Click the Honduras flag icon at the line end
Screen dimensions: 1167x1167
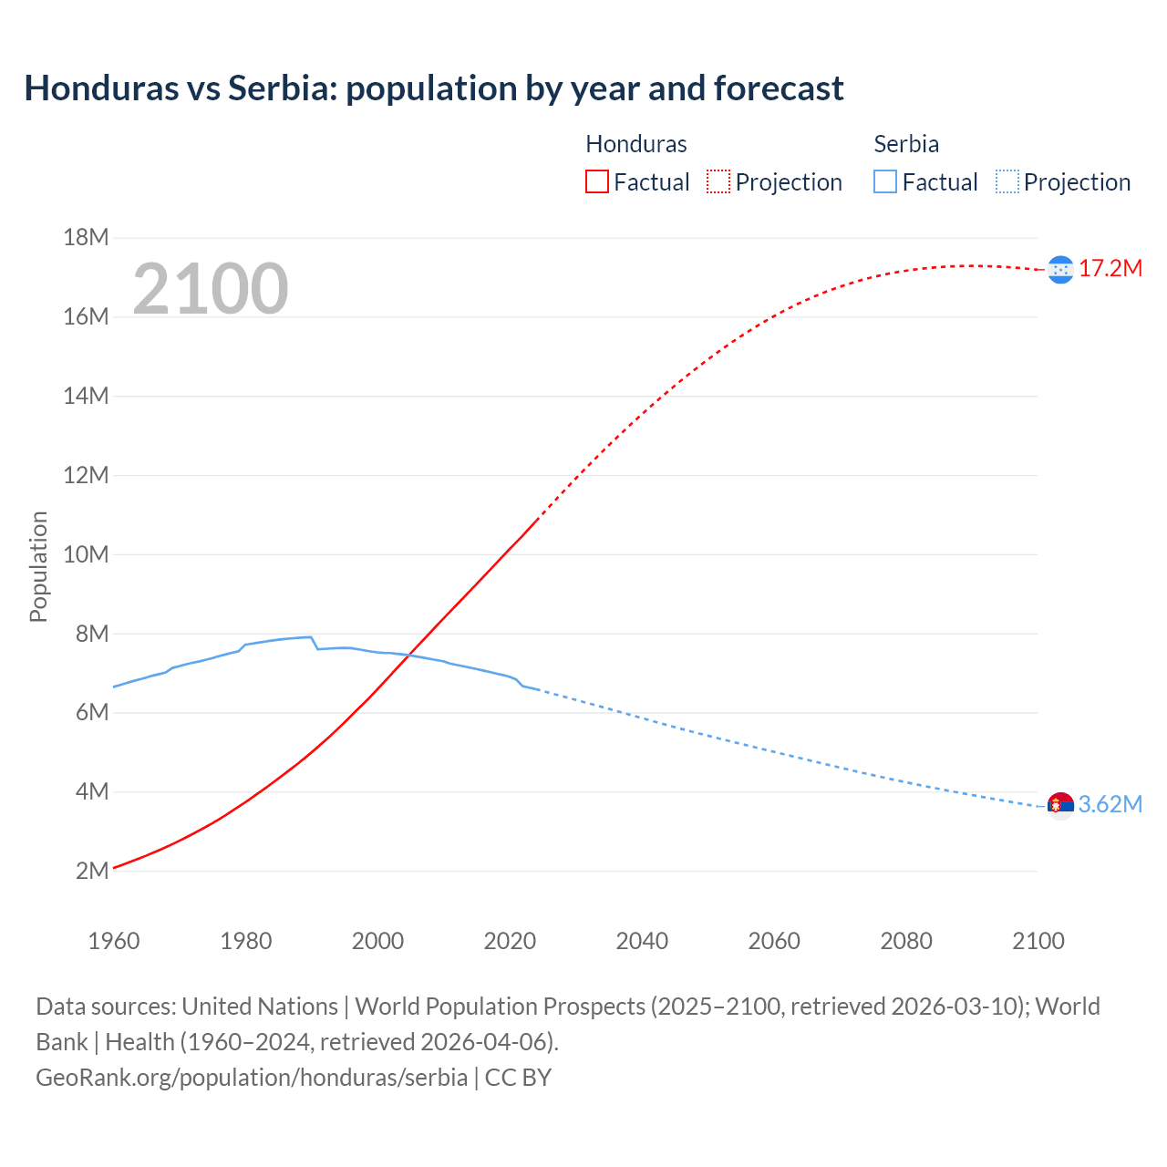coord(1060,269)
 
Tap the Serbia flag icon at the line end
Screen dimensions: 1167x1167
coord(1060,805)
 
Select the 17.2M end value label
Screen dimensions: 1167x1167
coord(1110,268)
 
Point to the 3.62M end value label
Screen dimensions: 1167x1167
coord(1110,804)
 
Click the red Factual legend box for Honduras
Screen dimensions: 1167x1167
coord(596,181)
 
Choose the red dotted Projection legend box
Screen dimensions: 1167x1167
coord(718,181)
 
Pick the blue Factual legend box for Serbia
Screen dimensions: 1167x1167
coord(885,181)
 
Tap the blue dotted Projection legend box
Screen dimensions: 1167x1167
coord(1007,181)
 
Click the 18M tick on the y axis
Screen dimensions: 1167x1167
coord(86,238)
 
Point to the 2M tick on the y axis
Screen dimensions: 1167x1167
coord(91,871)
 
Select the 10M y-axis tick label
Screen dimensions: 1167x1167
coord(86,554)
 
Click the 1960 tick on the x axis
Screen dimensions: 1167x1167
coord(114,941)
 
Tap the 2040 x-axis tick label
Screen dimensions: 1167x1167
coord(642,941)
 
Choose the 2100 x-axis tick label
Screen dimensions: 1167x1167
coord(1038,941)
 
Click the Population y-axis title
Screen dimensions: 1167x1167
coord(38,566)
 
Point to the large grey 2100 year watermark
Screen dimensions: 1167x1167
coord(211,289)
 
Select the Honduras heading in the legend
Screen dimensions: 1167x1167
coord(635,144)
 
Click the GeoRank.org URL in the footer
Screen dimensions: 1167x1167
coord(252,1077)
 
